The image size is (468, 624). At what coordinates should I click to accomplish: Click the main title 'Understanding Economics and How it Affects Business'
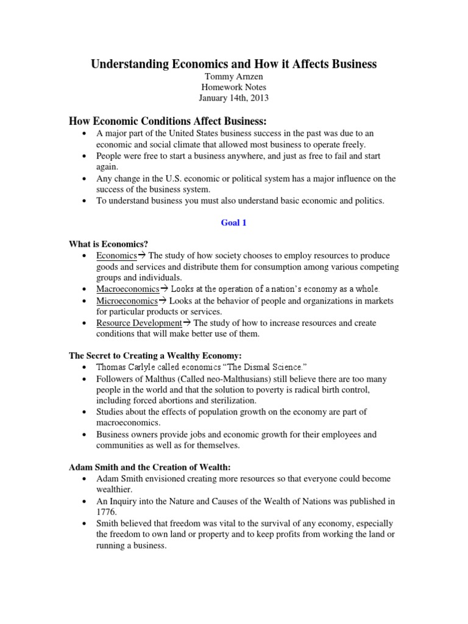click(x=234, y=64)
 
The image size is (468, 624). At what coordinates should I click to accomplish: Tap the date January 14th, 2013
click(x=234, y=98)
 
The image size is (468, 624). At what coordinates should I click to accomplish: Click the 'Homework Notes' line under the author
click(x=234, y=87)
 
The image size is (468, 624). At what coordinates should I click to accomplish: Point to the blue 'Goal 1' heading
click(x=233, y=223)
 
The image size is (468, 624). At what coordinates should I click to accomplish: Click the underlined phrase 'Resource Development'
click(x=139, y=323)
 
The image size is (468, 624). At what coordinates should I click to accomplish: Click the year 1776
click(x=107, y=512)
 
